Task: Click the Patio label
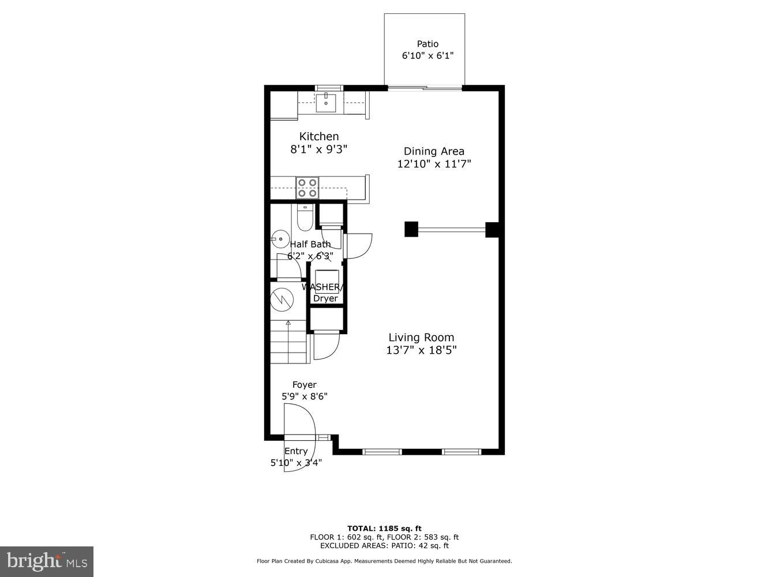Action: pos(427,44)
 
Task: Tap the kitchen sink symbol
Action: pos(327,103)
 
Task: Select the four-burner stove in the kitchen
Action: pos(307,188)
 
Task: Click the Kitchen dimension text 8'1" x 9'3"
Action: pos(318,149)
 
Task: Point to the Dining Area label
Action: pos(434,151)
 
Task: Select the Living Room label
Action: pos(421,338)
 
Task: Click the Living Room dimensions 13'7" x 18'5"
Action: pos(421,350)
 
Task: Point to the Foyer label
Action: pos(304,385)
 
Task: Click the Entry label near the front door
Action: pos(296,451)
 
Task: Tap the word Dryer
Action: pos(325,298)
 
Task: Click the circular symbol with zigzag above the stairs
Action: pos(282,298)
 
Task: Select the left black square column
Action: pos(411,229)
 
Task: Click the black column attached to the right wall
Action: pos(492,230)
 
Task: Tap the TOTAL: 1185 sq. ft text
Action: pos(384,528)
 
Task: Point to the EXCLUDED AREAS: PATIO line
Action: pos(384,545)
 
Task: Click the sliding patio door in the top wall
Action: pos(425,88)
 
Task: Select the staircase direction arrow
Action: pos(288,324)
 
